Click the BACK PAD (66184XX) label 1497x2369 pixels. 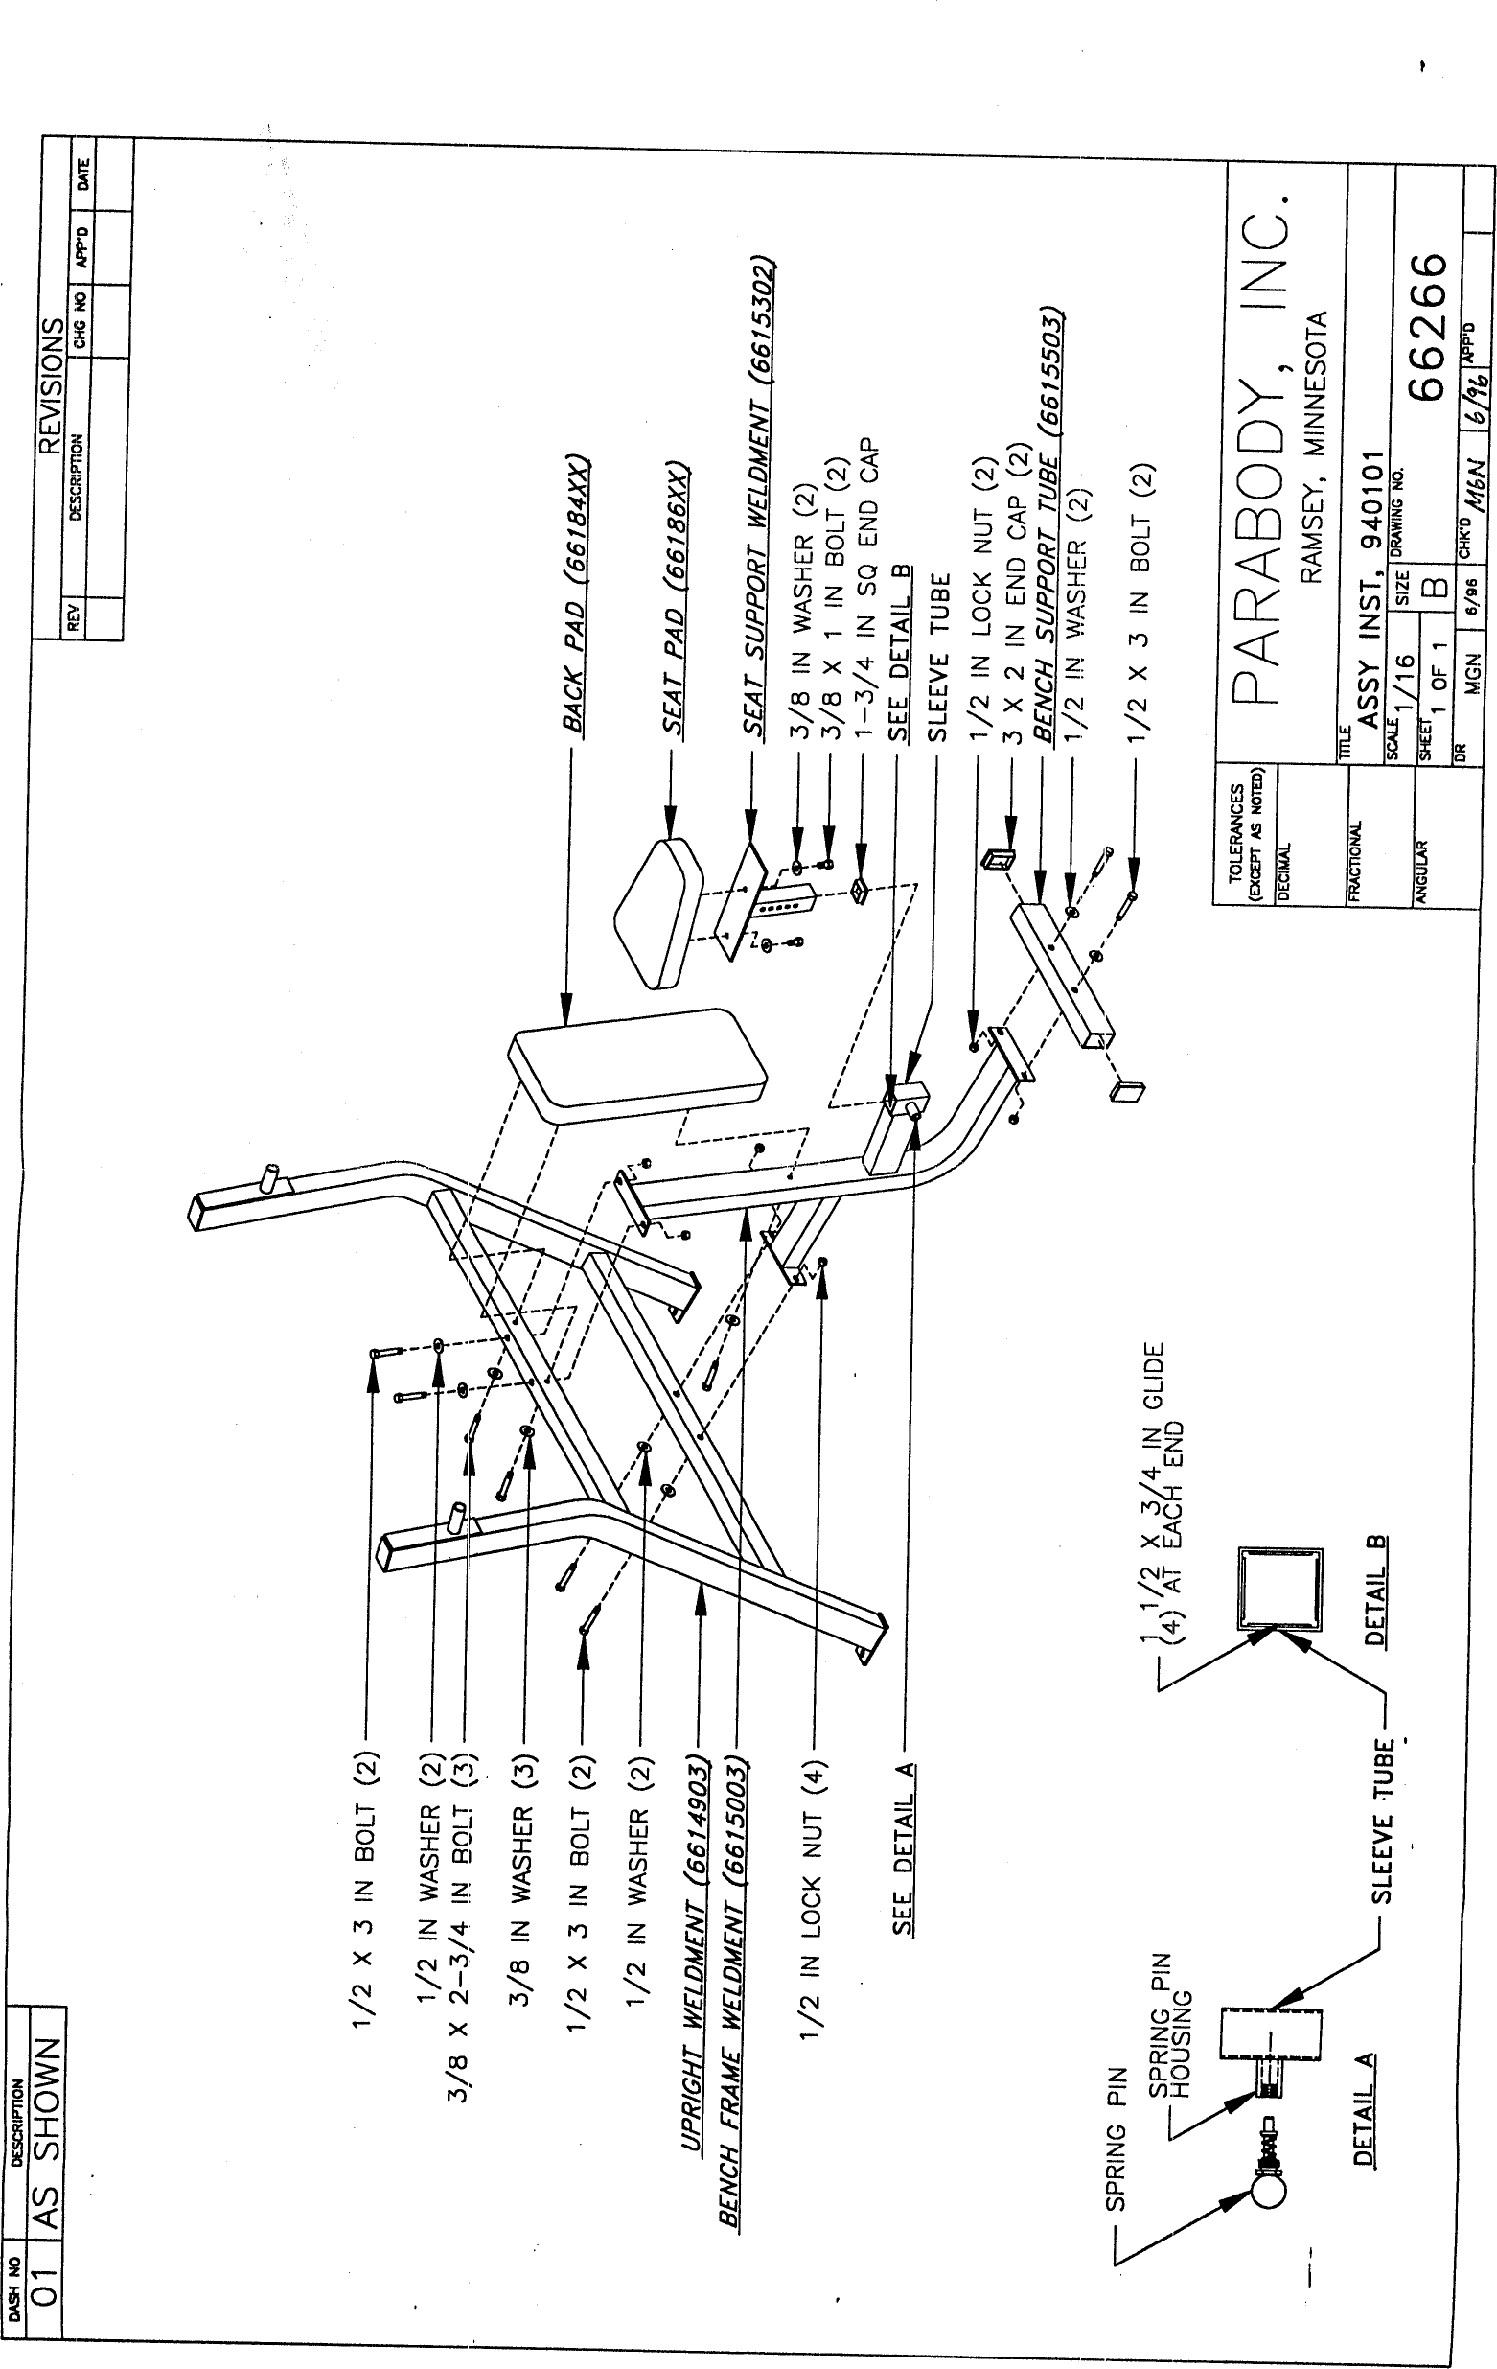pos(576,594)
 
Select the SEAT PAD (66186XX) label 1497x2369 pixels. pos(676,597)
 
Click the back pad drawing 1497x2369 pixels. pos(637,1065)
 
